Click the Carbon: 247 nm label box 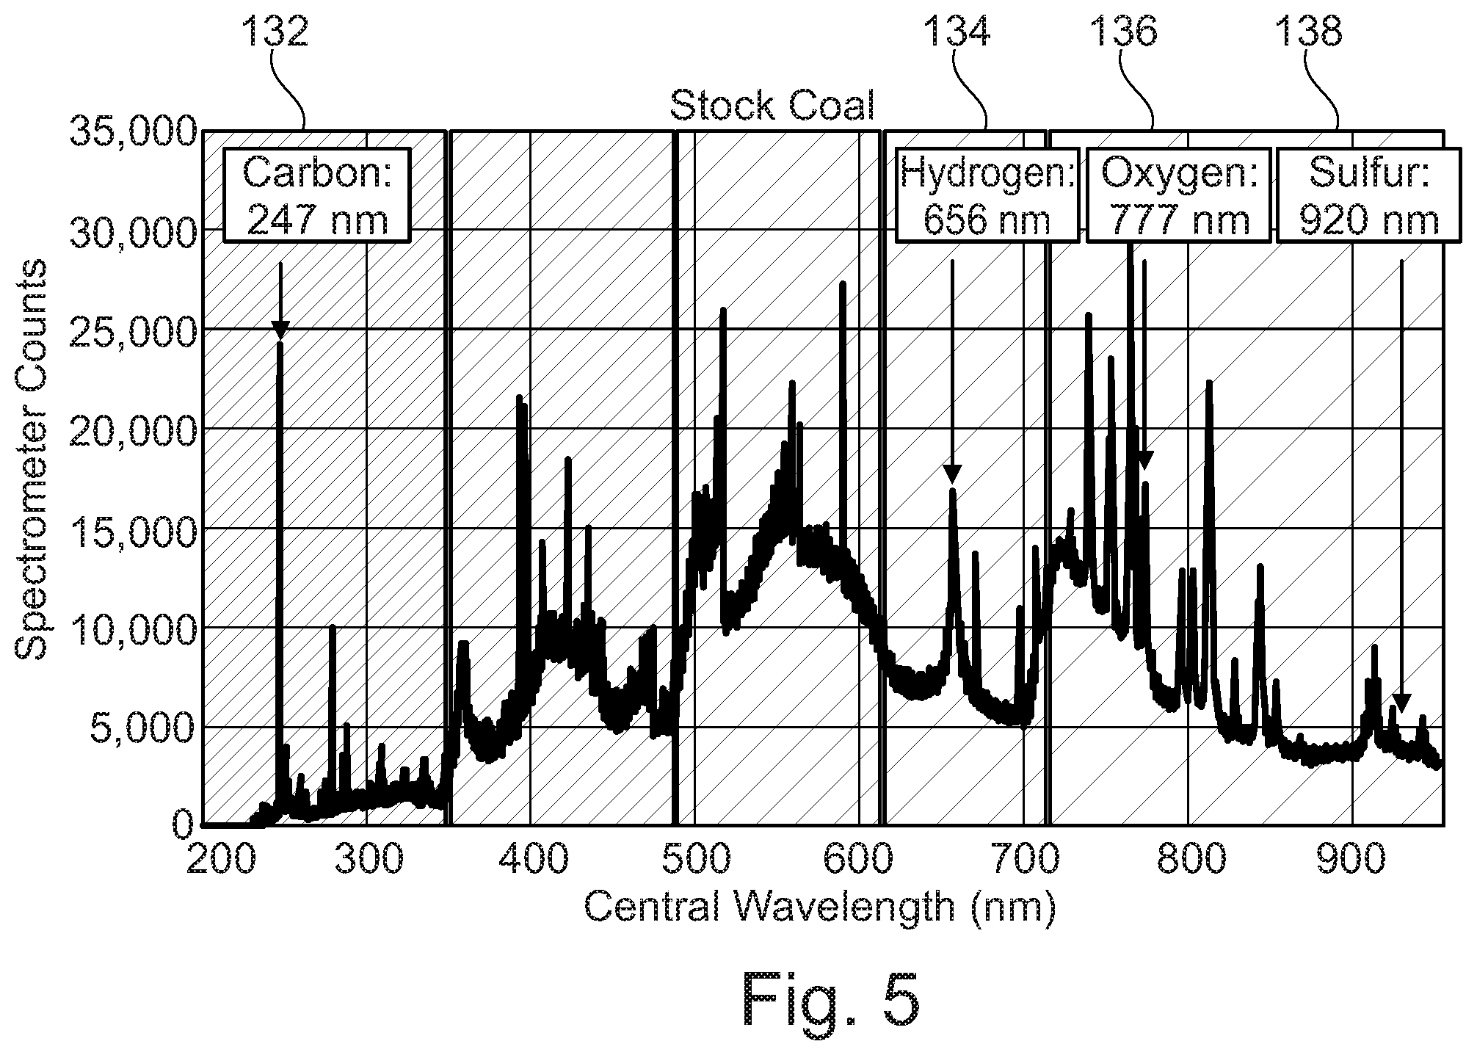(316, 195)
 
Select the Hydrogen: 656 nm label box (987, 195)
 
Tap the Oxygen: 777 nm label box (1178, 195)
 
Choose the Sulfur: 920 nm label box (1369, 195)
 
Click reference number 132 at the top (275, 32)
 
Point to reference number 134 (957, 32)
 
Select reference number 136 (1124, 32)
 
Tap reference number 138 (1310, 32)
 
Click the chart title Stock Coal (772, 106)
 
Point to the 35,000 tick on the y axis (133, 132)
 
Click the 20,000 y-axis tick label (133, 429)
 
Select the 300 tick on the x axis (368, 858)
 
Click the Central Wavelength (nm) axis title (820, 908)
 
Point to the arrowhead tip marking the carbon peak (280, 341)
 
